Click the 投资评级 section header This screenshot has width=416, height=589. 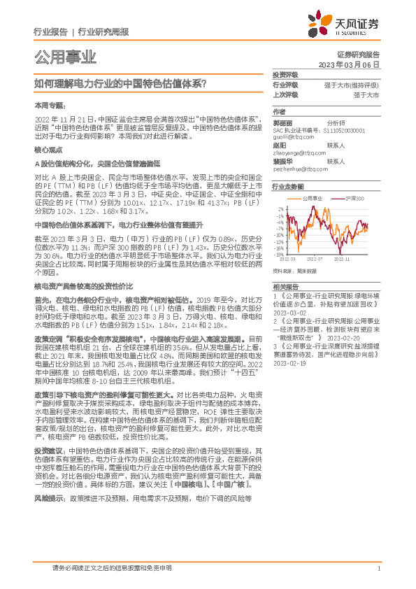285,74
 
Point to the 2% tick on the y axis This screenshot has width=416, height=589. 280,208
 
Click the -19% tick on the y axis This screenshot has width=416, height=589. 279,255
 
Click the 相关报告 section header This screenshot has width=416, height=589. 285,287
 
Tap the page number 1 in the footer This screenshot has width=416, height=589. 378,567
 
